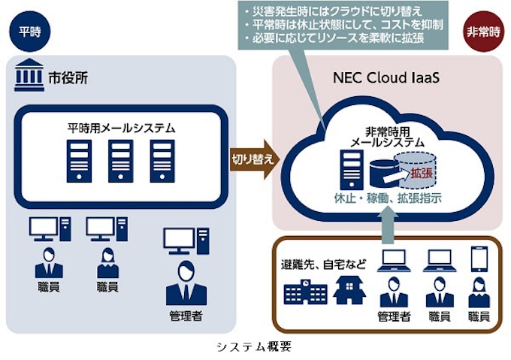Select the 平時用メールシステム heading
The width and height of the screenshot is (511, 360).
(120, 129)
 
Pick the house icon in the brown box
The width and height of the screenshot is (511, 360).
(347, 291)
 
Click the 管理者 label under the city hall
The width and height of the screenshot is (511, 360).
(186, 315)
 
